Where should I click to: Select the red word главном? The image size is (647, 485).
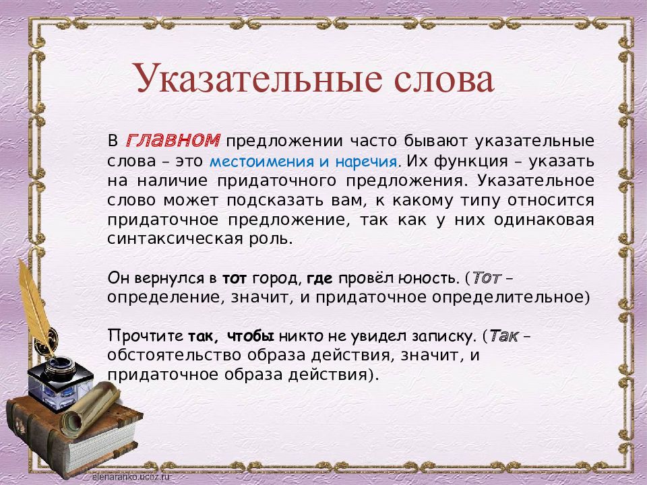tap(173, 141)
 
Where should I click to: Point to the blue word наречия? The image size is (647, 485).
tap(367, 162)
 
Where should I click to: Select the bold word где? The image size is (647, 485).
tap(319, 279)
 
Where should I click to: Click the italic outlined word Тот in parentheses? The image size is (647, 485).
tap(486, 278)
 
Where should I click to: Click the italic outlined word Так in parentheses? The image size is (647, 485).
tap(504, 336)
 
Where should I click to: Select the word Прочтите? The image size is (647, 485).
tap(146, 336)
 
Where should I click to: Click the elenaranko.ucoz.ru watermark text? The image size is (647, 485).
tap(131, 477)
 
